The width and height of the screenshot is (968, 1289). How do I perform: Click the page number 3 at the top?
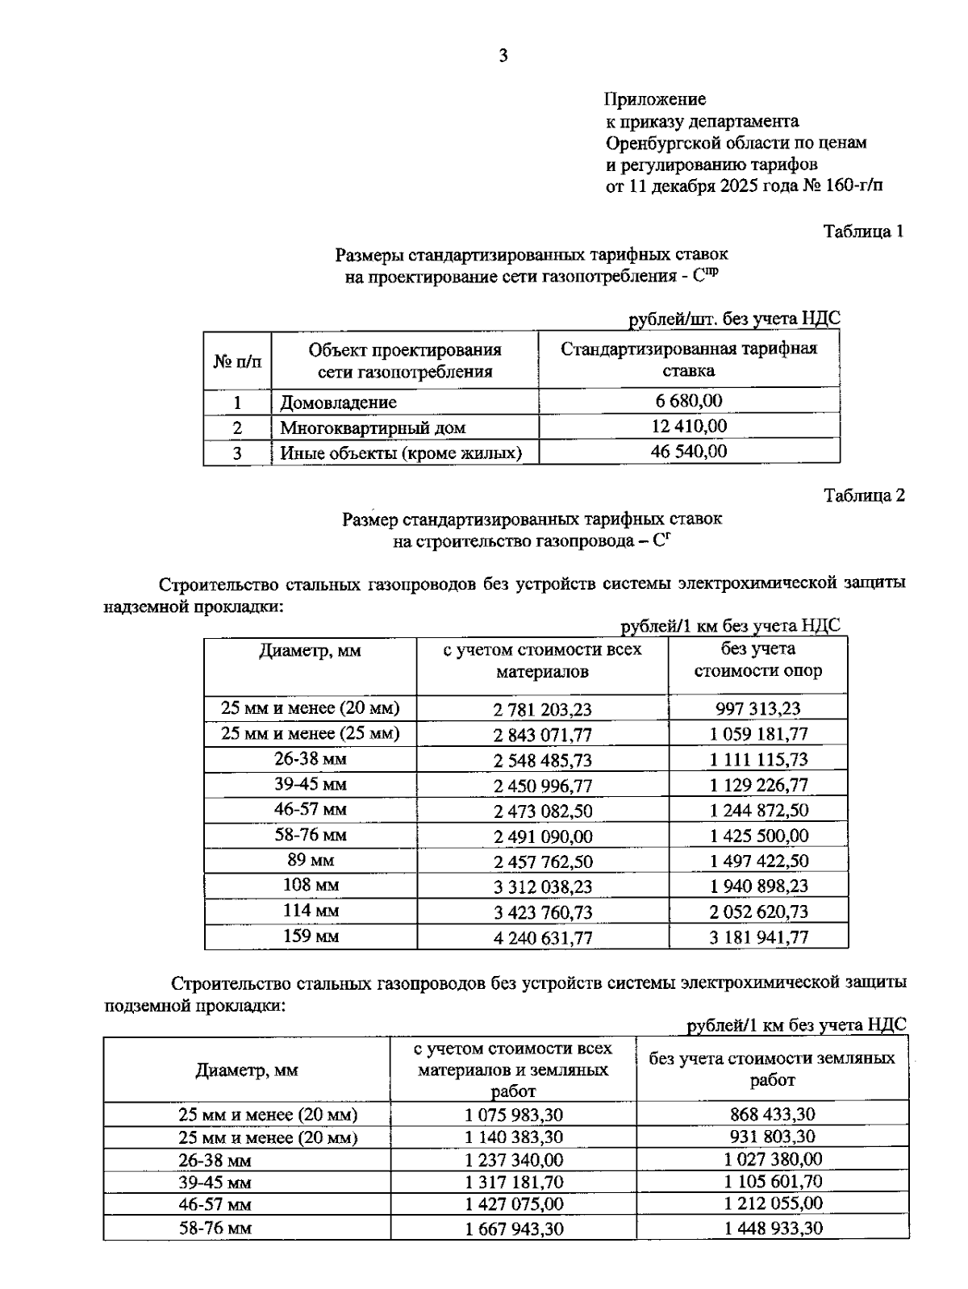[503, 56]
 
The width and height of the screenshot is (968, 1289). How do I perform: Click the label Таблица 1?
[862, 232]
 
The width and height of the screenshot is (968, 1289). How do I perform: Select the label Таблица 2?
[863, 495]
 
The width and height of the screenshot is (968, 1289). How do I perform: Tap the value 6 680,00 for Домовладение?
[689, 401]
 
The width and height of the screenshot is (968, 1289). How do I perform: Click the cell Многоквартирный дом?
[373, 428]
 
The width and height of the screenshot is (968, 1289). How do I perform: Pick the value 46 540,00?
[689, 452]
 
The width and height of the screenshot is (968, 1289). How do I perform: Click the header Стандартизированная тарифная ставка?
[689, 360]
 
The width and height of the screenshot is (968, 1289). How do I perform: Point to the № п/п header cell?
[237, 361]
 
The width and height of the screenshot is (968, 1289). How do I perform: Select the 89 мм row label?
[311, 860]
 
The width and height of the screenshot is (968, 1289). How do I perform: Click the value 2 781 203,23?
[542, 709]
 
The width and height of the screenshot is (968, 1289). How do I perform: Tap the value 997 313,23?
[758, 709]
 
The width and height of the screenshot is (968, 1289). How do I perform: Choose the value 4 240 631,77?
[542, 937]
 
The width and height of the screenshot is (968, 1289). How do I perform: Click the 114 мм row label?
[311, 911]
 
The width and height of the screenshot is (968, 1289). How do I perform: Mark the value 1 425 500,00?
[758, 836]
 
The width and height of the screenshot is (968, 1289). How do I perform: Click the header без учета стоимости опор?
[758, 660]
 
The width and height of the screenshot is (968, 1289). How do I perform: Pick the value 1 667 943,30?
[514, 1229]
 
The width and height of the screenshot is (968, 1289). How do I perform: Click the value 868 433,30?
[772, 1114]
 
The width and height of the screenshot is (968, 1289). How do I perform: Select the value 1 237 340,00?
[514, 1159]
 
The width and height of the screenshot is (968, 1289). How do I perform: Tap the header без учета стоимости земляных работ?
[772, 1069]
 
